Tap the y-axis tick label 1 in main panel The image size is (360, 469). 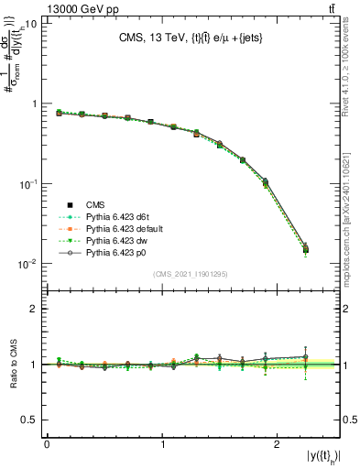[x=33, y=104]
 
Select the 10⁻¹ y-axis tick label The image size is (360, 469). [x=27, y=184]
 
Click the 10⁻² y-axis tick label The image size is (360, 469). [x=27, y=264]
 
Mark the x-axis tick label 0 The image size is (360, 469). [x=47, y=443]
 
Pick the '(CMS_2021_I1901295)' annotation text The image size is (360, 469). [x=192, y=275]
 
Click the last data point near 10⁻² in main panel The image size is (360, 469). [x=305, y=248]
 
